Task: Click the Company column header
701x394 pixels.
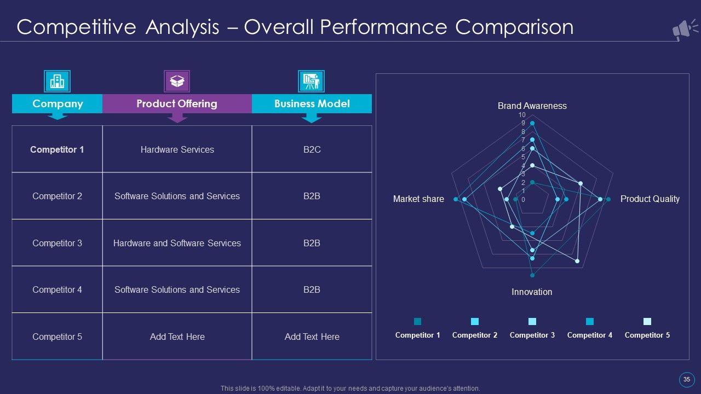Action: coord(58,103)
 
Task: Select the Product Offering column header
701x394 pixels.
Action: coord(177,103)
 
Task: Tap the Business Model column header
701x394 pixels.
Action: coord(312,103)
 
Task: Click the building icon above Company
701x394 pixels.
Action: coord(57,82)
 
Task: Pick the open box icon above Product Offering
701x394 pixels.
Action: coord(177,82)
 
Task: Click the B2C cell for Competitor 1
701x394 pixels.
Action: coord(312,149)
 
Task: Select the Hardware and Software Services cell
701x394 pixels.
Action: coord(177,243)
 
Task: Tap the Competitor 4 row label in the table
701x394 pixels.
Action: coord(57,289)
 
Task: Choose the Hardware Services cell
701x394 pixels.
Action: coord(177,149)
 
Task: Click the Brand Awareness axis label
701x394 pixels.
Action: coord(532,106)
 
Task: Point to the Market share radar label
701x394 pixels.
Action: coord(418,199)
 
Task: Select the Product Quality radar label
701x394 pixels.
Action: coord(650,199)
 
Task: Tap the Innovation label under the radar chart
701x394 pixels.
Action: coord(532,292)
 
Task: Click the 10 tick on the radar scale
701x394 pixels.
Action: coord(522,115)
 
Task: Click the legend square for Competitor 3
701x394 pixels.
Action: coord(532,321)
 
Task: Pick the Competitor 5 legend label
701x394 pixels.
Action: coord(647,335)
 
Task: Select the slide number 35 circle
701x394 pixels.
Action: coord(686,379)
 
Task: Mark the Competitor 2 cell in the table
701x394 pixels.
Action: coord(57,196)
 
